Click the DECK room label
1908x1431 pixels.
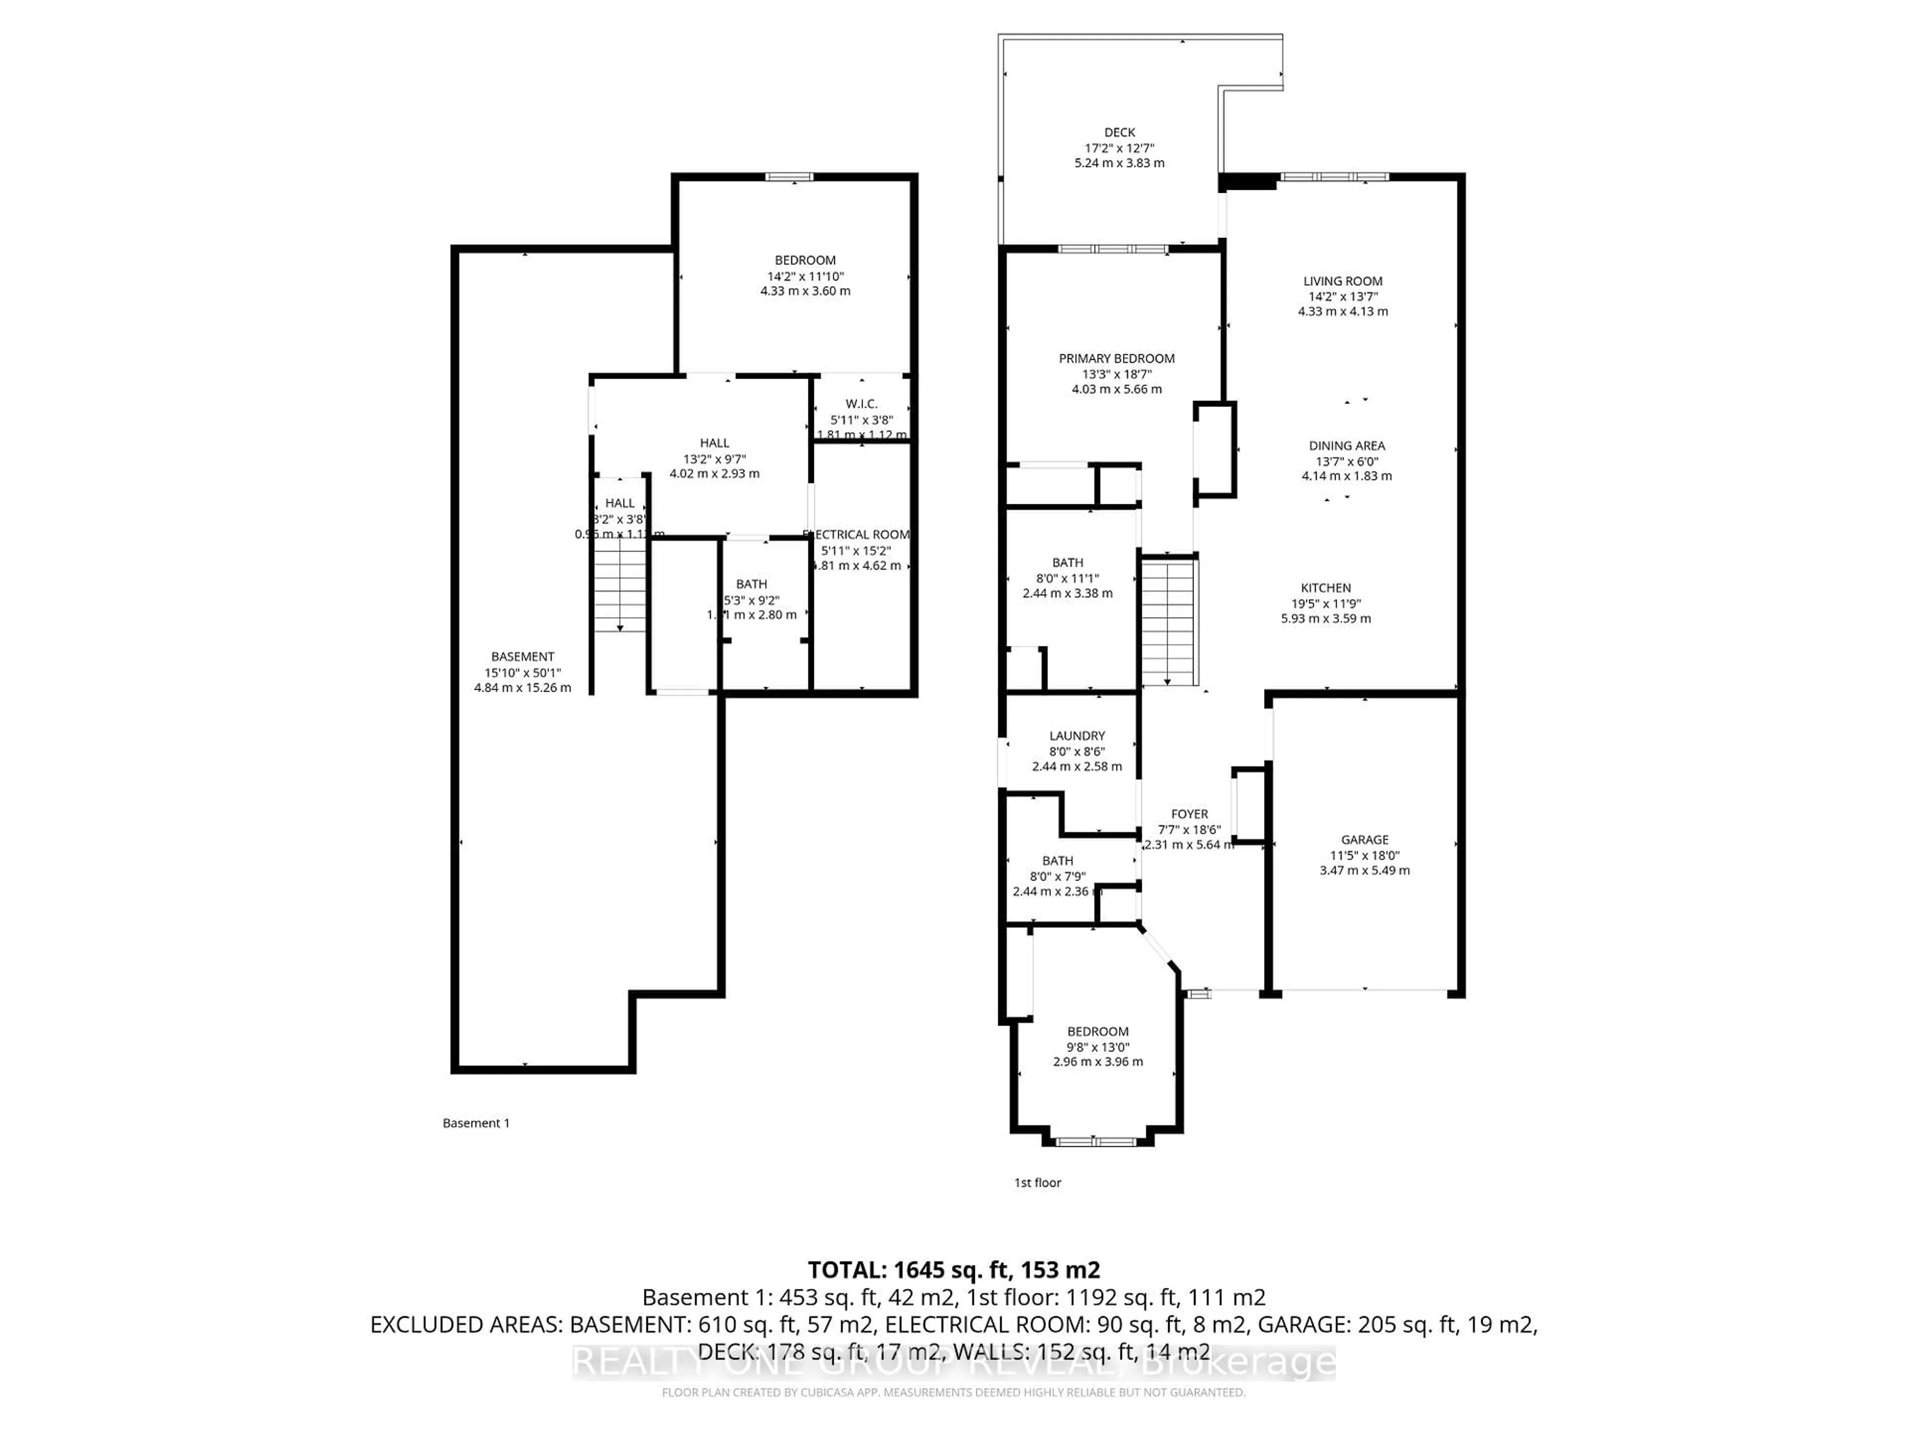(x=1119, y=132)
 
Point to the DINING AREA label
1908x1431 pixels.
(x=1347, y=446)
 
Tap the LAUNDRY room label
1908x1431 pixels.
(x=1077, y=736)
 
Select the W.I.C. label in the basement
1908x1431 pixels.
(x=861, y=403)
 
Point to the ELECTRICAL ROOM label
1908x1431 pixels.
(x=857, y=535)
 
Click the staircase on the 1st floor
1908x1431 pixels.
(x=1168, y=621)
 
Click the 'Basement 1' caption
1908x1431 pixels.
(x=476, y=1123)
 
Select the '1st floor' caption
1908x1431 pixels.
(x=1037, y=1183)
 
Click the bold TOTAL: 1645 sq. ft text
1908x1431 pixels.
(x=953, y=1270)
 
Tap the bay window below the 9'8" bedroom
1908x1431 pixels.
(x=1096, y=1141)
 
